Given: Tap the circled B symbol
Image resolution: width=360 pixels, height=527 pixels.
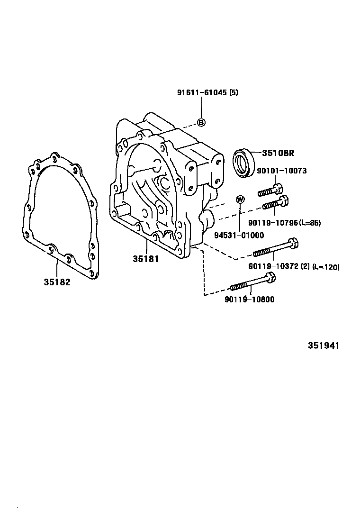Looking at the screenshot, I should [201, 123].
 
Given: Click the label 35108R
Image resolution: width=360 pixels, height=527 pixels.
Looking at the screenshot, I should [278, 153].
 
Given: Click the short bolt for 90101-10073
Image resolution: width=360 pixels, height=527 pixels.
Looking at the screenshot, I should [270, 190].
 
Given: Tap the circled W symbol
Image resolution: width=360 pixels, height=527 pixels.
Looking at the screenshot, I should [240, 199].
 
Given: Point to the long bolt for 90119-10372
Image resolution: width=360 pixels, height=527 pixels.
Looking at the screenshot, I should [275, 249].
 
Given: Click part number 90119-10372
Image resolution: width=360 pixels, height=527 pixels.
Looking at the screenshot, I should [272, 267].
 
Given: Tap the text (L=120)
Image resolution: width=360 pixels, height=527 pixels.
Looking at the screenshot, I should [325, 267].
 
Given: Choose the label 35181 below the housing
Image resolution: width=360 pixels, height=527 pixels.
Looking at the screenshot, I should [145, 259].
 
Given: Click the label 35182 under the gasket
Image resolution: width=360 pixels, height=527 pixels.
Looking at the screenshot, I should [57, 282].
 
